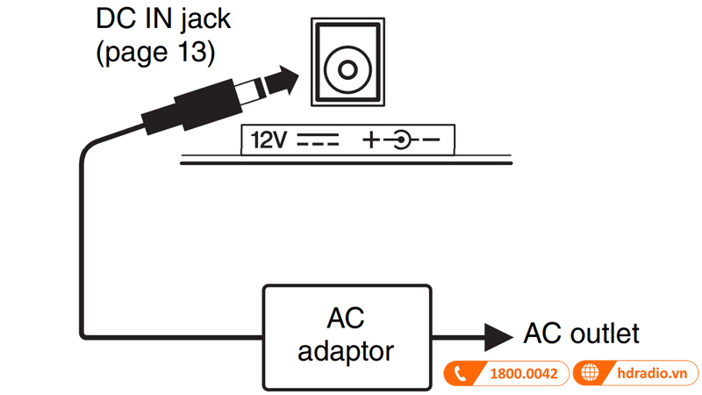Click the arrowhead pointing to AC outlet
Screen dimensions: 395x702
point(498,334)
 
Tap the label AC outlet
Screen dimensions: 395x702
point(581,334)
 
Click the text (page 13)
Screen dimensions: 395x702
point(154,51)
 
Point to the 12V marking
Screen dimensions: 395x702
point(269,139)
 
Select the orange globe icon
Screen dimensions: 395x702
point(591,373)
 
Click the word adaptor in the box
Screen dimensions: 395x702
point(346,351)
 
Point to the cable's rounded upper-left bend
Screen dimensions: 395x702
point(88,154)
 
